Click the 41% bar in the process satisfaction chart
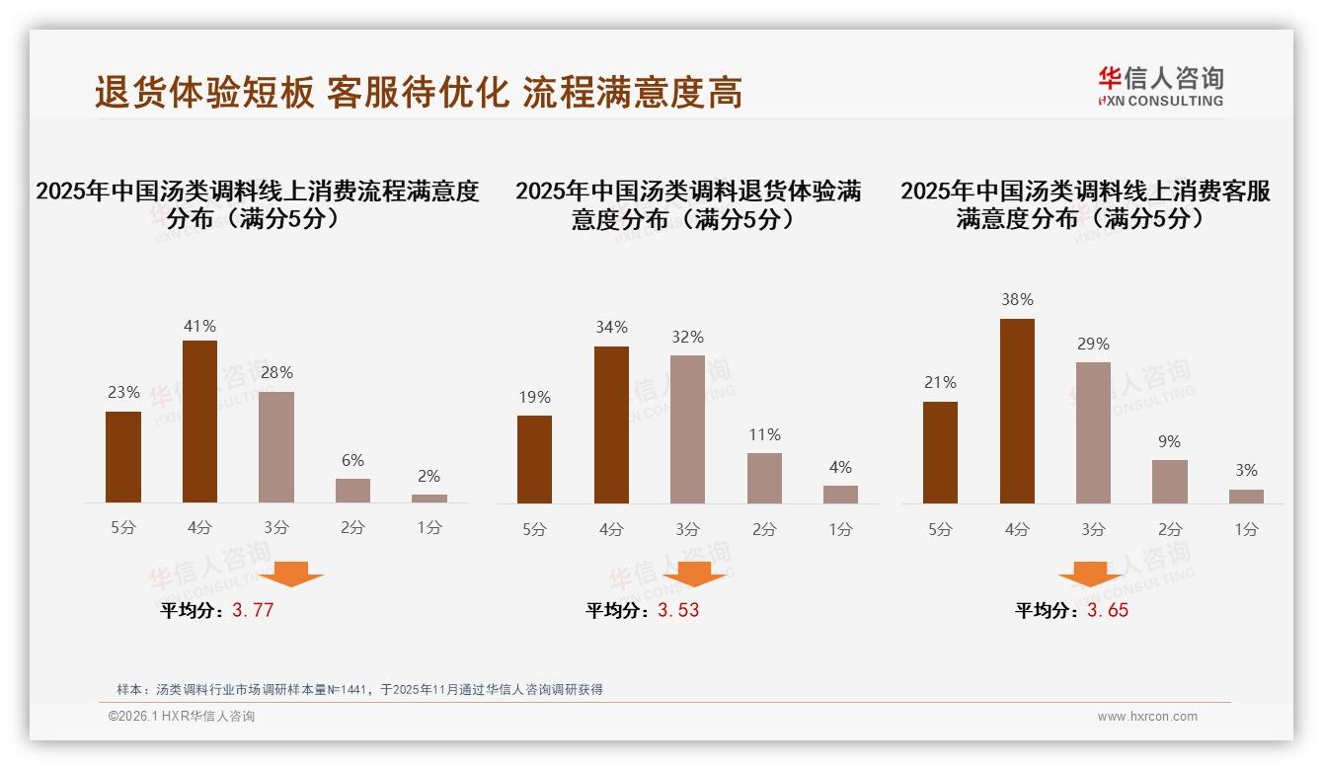point(200,422)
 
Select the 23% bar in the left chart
point(123,457)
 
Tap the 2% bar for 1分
point(429,499)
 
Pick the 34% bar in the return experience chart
point(611,424)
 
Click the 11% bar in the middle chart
point(764,478)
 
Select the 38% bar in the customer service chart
point(1017,411)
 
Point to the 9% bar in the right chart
point(1170,482)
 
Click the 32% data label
point(688,338)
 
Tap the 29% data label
point(1093,345)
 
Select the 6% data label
point(352,460)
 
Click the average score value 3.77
point(253,610)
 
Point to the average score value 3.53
point(678,610)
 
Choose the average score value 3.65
point(1108,610)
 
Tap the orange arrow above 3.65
point(1090,575)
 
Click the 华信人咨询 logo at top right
point(1160,86)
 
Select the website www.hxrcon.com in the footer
point(1147,717)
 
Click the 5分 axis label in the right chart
point(940,530)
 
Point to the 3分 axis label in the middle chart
point(688,530)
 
